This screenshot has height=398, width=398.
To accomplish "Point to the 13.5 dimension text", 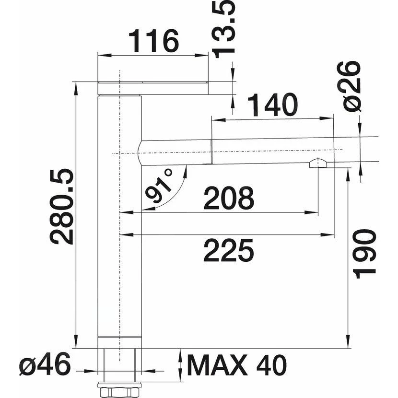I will point(224,29).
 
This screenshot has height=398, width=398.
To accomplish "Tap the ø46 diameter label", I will point(45,366).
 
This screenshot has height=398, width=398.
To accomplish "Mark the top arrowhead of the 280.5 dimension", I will point(75,85).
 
